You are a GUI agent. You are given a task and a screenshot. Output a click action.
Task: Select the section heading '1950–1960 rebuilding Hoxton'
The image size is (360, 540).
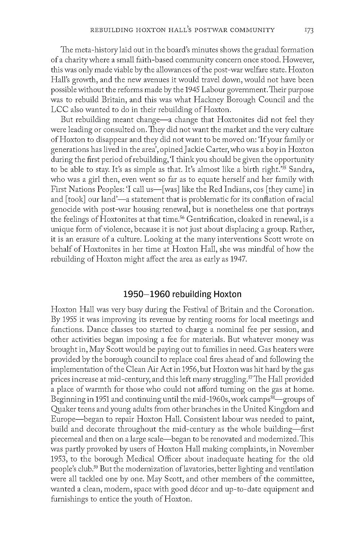click(x=182, y=294)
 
